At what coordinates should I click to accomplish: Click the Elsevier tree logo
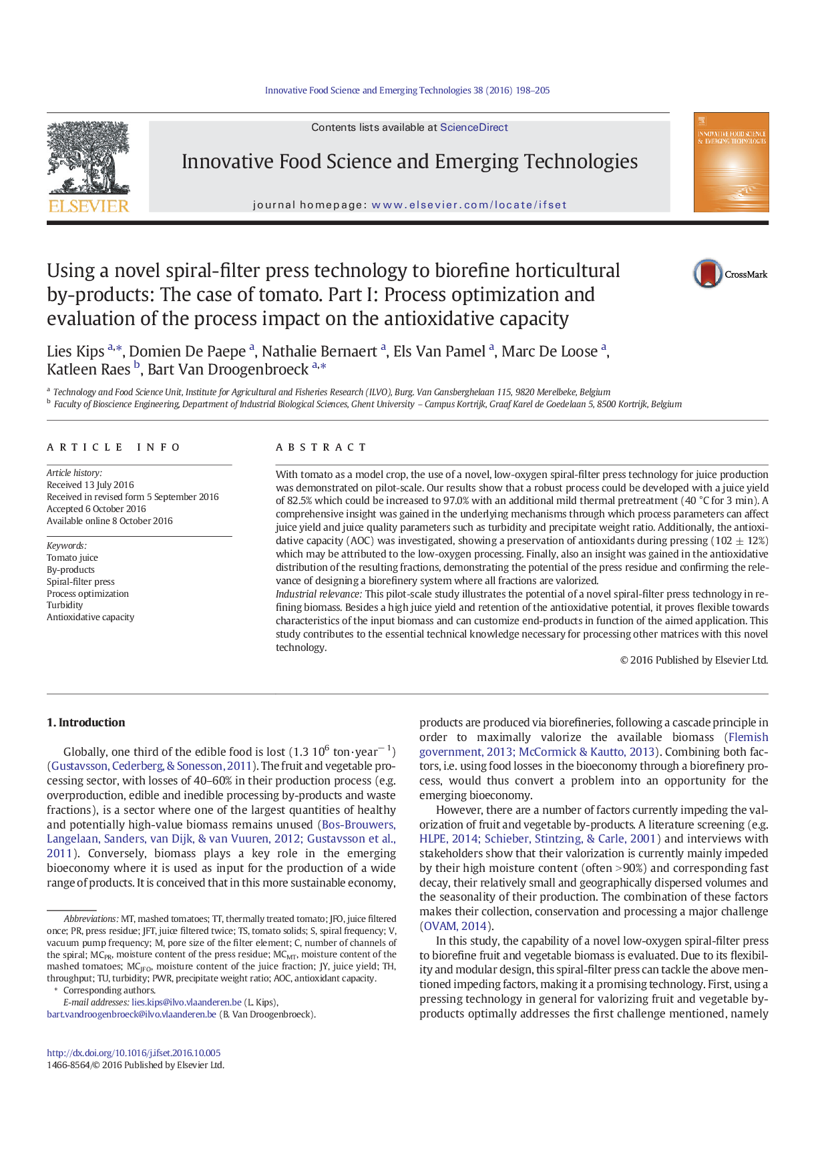coord(88,166)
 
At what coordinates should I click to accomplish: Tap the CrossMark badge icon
coord(708,274)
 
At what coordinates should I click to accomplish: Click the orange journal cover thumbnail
coord(731,162)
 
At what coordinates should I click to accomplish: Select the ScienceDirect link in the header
coord(473,128)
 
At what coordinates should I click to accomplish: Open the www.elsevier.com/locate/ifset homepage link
coord(469,205)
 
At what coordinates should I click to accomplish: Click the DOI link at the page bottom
coord(134,1053)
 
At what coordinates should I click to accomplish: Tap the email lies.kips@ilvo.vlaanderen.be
coord(186,1002)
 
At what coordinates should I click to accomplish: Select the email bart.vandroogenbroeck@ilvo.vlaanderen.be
coord(132,1014)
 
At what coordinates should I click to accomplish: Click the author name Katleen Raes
coord(88,369)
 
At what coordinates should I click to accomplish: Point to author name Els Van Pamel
coord(439,352)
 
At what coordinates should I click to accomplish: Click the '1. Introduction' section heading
coord(85,722)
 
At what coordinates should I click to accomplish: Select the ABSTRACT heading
coord(321,447)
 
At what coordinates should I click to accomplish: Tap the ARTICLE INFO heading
coord(114,447)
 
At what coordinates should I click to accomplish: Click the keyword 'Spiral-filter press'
coord(81,581)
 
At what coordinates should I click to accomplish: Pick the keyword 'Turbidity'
coord(65,605)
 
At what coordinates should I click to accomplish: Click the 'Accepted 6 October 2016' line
coord(96,509)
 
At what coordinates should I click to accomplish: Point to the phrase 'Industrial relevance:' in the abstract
coord(319,594)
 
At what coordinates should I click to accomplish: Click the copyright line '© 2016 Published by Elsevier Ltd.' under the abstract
coord(694,660)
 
